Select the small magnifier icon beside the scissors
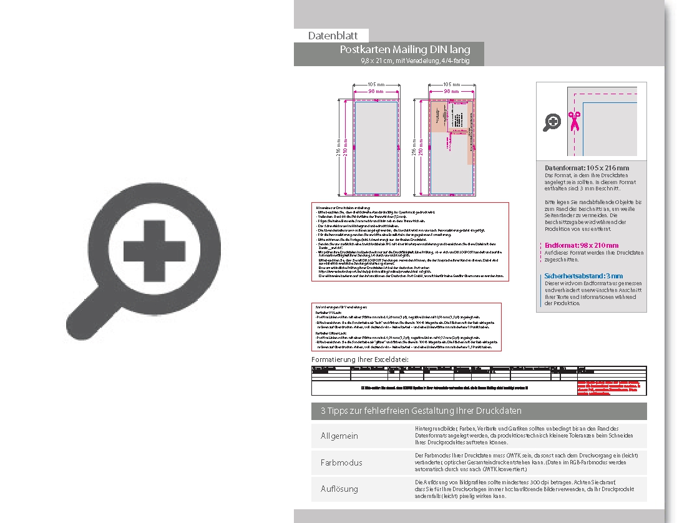point(552,122)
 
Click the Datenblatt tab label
point(332,36)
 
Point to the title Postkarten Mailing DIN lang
point(405,50)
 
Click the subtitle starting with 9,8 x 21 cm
point(414,61)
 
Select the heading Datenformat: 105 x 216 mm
point(586,168)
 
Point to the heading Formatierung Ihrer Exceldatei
point(360,360)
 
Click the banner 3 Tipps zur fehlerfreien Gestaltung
point(421,411)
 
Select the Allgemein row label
point(339,436)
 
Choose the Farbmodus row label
point(341,462)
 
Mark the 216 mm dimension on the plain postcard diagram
point(339,147)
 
